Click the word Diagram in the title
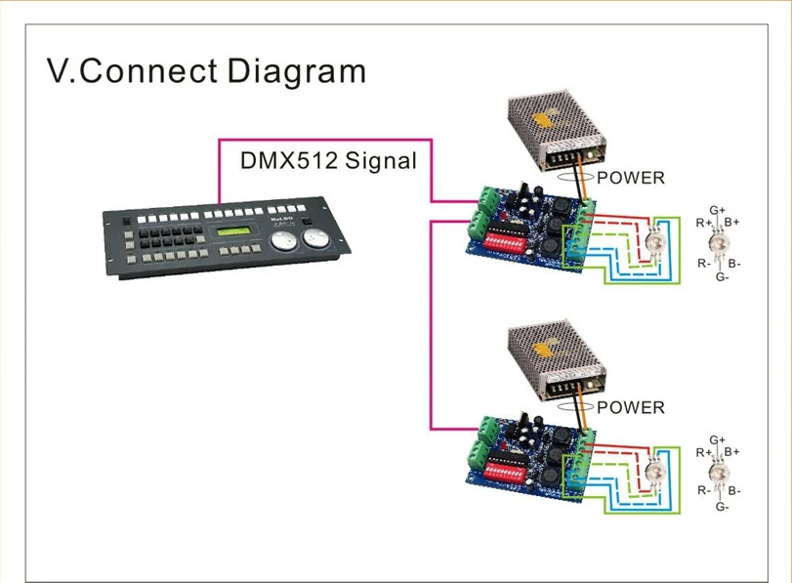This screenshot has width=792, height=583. coord(297,71)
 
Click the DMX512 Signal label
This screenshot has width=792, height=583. coord(328,161)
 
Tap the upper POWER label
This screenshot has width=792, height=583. coord(630,178)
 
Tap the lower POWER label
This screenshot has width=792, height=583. coord(630,407)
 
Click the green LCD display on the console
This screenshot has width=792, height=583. coord(233,231)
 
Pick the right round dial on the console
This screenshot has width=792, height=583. coord(315,237)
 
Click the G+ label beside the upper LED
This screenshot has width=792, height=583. coord(717,210)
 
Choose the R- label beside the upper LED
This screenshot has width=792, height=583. coord(704,264)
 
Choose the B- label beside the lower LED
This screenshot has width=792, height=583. coord(734,490)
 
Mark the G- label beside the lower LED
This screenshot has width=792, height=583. coord(723,506)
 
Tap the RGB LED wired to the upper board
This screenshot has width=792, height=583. coord(654,242)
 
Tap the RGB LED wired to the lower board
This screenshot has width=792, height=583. coord(655,473)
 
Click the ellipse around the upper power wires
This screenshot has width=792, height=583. coord(575,182)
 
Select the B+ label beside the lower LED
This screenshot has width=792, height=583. coord(731,451)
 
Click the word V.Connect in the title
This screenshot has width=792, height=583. coord(133,70)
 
